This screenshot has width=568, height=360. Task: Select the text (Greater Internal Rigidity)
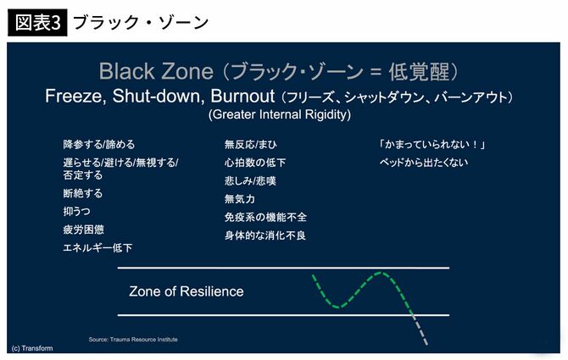(279, 114)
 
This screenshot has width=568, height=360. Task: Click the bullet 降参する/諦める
(98, 144)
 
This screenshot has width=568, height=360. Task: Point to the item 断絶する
(82, 193)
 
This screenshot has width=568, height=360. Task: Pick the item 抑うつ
(76, 211)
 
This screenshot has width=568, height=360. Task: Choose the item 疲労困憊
(82, 229)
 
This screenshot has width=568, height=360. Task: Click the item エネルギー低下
(97, 247)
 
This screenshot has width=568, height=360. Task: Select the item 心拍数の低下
(255, 163)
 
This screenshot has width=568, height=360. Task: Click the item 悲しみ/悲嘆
(250, 180)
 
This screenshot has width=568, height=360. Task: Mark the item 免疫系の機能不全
(265, 217)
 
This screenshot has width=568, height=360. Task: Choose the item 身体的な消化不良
(265, 235)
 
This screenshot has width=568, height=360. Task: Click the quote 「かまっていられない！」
(433, 144)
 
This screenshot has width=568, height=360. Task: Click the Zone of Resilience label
(186, 291)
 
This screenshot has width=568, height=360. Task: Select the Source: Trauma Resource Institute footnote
(133, 340)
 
